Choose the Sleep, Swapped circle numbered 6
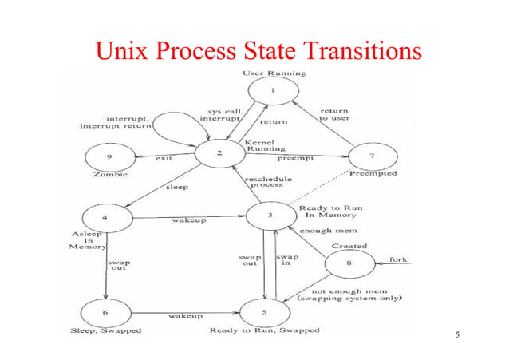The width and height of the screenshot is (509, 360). (106, 306)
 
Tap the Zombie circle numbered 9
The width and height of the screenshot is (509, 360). (109, 155)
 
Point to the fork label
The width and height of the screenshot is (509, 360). (398, 261)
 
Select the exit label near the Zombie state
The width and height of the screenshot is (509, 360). (164, 158)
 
